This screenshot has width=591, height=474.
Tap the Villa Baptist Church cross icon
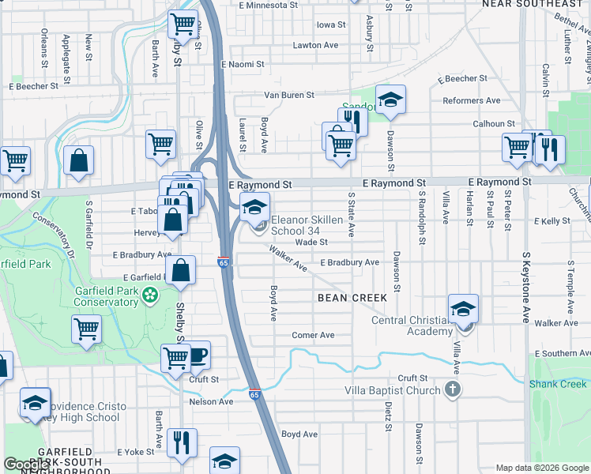452,389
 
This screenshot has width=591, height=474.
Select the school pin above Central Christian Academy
463,310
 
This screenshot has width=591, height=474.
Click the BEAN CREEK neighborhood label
352,298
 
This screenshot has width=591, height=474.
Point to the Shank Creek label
558,384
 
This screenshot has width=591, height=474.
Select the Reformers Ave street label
472,100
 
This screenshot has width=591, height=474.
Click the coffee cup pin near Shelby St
197,355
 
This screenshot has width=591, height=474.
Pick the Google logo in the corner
27,465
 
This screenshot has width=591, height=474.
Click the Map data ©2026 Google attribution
542,468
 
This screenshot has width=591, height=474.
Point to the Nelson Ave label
211,401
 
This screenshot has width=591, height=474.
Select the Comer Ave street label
313,335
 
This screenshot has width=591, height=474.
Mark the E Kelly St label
552,222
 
